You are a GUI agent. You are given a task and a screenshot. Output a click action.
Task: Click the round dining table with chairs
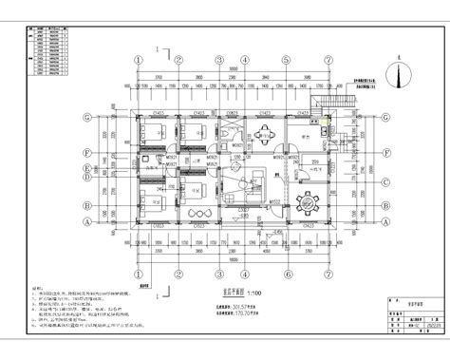306,201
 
